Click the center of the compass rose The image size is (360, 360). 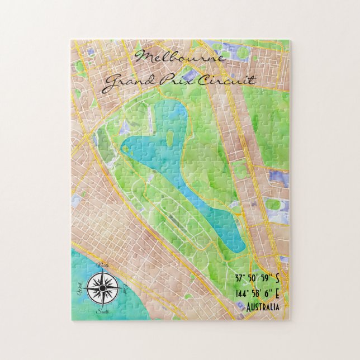pos(103,288)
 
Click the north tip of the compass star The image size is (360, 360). pos(104,274)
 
